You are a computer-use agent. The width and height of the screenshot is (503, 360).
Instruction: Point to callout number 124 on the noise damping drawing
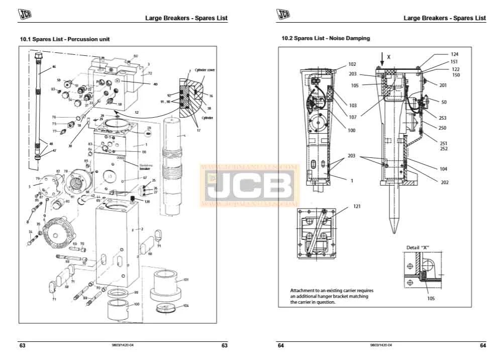[454, 54]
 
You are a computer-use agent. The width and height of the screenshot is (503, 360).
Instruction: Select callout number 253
[442, 118]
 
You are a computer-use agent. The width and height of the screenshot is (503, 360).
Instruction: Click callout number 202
[444, 183]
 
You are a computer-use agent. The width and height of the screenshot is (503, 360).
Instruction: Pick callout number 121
[357, 206]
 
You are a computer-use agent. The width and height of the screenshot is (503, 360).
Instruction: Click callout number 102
[352, 64]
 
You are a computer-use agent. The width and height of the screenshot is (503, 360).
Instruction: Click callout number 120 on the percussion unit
[147, 201]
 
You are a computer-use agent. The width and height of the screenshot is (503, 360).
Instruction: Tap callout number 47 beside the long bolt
[55, 150]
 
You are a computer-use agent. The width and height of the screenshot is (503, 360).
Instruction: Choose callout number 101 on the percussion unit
[185, 279]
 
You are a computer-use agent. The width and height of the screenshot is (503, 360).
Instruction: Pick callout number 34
[31, 232]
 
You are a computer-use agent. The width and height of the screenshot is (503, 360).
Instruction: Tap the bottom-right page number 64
[482, 345]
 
